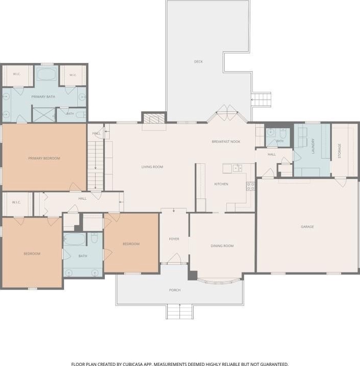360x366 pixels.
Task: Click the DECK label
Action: tap(198, 62)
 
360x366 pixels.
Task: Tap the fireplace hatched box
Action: tap(154, 118)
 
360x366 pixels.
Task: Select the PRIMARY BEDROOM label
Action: tap(44, 158)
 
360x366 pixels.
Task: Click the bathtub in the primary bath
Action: tap(46, 74)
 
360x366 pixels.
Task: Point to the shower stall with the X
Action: tap(43, 115)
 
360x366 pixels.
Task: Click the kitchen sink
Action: tap(237, 168)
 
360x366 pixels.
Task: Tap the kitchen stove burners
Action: tap(251, 186)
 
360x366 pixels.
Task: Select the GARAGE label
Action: tap(307, 227)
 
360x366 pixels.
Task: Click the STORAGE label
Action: tap(340, 151)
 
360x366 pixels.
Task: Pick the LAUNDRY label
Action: tap(313, 146)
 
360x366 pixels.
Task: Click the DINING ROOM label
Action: tap(222, 246)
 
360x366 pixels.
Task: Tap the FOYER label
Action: tap(174, 239)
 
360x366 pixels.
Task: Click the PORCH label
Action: tap(175, 290)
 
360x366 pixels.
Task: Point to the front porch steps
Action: tap(180, 312)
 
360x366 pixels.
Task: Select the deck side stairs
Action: tap(261, 100)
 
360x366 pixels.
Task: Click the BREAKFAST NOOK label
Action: tap(226, 141)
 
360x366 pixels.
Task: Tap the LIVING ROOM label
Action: tap(152, 167)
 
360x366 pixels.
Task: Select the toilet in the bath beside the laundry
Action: tap(283, 133)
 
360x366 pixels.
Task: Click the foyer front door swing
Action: tap(174, 258)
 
